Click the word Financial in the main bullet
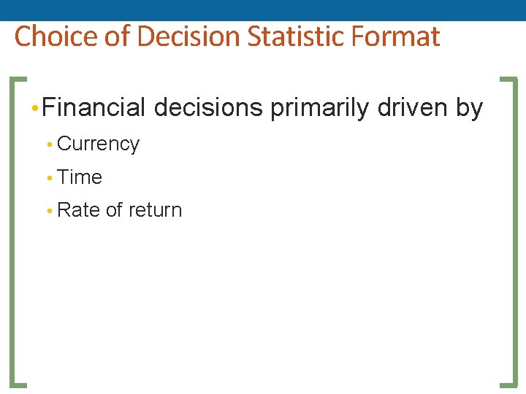pyautogui.click(x=94, y=108)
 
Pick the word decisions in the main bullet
pyautogui.click(x=208, y=108)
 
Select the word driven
pyautogui.click(x=413, y=108)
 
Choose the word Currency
pyautogui.click(x=98, y=144)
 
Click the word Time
pyautogui.click(x=80, y=177)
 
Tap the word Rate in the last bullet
pyautogui.click(x=78, y=210)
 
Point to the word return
pyautogui.click(x=155, y=210)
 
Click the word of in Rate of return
pyautogui.click(x=114, y=210)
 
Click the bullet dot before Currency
pyautogui.click(x=49, y=145)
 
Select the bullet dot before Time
pyautogui.click(x=49, y=178)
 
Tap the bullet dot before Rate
pyautogui.click(x=49, y=211)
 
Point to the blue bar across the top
pyautogui.click(x=263, y=9)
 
